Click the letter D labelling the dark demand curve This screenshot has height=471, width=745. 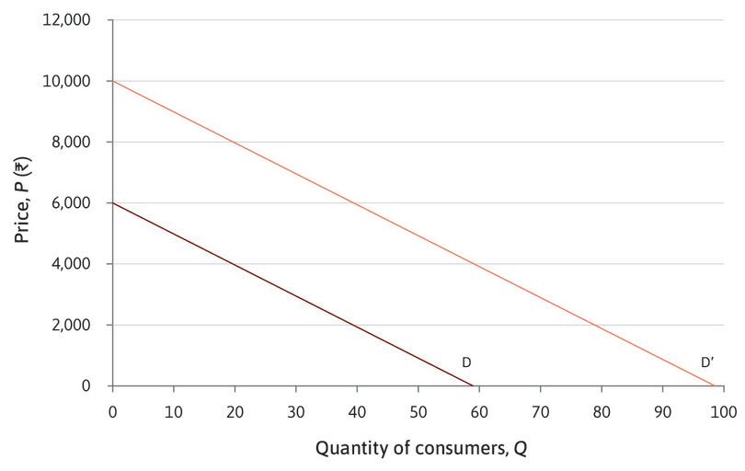(x=466, y=362)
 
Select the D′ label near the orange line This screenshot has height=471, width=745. (x=707, y=362)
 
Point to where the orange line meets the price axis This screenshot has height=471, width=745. (x=112, y=81)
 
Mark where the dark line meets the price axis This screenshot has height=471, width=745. (x=112, y=203)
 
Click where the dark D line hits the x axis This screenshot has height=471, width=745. (x=473, y=385)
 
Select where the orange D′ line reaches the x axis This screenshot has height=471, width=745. (x=714, y=385)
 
